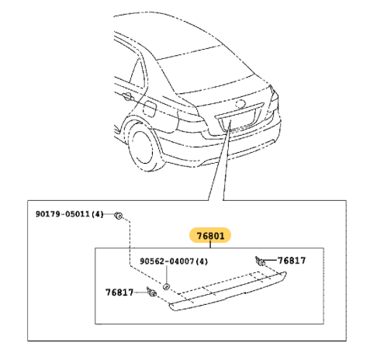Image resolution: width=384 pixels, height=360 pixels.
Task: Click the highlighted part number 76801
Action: pyautogui.click(x=210, y=236)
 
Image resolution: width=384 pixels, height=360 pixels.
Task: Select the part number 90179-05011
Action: pyautogui.click(x=63, y=214)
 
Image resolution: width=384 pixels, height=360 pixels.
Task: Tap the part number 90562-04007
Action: pyautogui.click(x=167, y=261)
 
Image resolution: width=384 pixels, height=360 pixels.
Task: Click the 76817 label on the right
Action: pyautogui.click(x=292, y=261)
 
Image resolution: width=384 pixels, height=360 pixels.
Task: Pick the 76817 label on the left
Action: pyautogui.click(x=119, y=292)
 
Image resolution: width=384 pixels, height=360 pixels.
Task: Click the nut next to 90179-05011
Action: pyautogui.click(x=119, y=215)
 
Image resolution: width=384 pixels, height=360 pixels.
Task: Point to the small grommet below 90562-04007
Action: pyautogui.click(x=166, y=286)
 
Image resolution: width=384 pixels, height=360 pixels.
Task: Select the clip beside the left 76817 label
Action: pyautogui.click(x=151, y=292)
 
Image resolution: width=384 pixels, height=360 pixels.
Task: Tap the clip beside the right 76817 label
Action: pyautogui.click(x=261, y=261)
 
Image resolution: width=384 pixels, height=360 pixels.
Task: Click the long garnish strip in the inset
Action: pyautogui.click(x=227, y=292)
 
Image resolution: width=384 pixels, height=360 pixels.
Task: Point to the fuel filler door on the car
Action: pyautogui.click(x=149, y=109)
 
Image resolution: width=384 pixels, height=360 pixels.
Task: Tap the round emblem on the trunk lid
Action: pyautogui.click(x=240, y=104)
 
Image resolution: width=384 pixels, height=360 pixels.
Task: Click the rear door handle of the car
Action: pyautogui.click(x=127, y=96)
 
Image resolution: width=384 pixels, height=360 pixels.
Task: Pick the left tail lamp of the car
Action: pyautogui.click(x=192, y=121)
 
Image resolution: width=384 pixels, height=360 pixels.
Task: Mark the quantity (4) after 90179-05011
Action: pyautogui.click(x=98, y=214)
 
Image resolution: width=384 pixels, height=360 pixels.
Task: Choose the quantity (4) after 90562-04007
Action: pyautogui.click(x=202, y=261)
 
